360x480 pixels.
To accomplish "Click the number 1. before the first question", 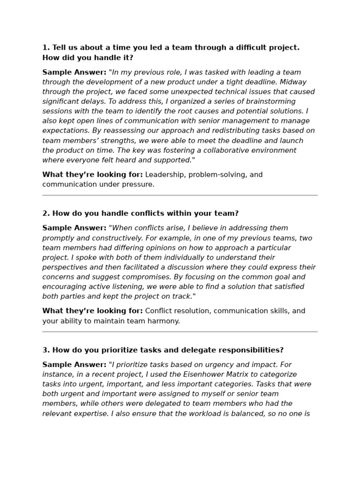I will tap(46, 47).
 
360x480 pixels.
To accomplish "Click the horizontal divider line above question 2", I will tap(180, 195).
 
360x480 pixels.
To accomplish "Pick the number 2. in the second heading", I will tap(46, 213).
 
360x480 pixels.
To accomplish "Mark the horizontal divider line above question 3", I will tap(180, 332).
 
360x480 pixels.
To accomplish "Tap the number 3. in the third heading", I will tap(46, 350).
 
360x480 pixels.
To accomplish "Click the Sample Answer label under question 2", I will tap(74, 228).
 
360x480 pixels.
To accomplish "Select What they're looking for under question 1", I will tap(92, 175).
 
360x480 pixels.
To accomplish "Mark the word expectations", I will tap(63, 131).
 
